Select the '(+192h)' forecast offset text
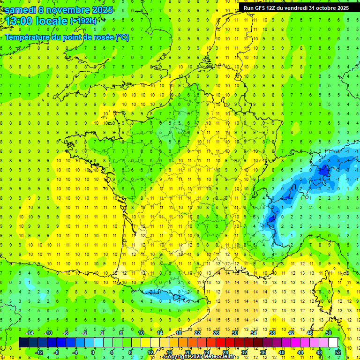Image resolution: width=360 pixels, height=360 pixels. [x=83, y=21]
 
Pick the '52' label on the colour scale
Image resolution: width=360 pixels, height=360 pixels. [x=338, y=352]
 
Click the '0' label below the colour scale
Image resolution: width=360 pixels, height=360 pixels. [x=93, y=352]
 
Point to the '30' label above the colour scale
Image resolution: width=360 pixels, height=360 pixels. [x=235, y=333]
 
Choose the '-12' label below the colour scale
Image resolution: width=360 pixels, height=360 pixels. [x=39, y=352]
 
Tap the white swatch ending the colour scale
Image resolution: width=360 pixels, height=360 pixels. [x=333, y=342]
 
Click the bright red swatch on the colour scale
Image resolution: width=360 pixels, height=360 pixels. [x=220, y=342]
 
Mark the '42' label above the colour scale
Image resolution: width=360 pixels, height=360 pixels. [x=291, y=333]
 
